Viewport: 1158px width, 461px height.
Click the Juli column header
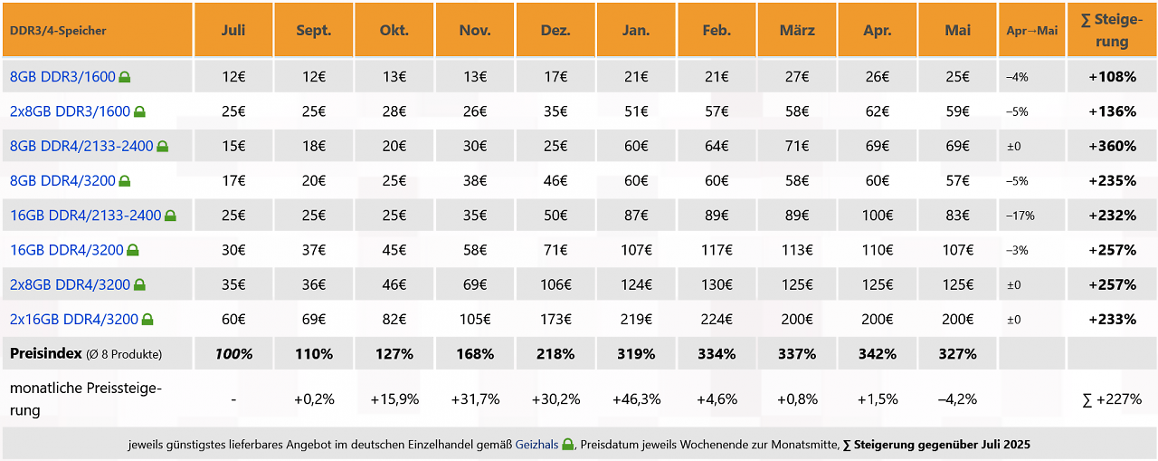pos(233,30)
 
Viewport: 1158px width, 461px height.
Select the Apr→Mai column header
pos(1032,31)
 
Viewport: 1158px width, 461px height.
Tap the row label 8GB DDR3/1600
pos(62,77)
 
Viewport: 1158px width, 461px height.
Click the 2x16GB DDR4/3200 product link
pos(74,319)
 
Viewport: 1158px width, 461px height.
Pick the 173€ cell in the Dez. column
pos(555,319)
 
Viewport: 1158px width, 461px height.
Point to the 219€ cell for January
pos(636,319)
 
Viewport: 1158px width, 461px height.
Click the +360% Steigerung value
pos(1112,146)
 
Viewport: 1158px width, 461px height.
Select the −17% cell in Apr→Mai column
pos(1020,216)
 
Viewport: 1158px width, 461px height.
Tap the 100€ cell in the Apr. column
pos(878,216)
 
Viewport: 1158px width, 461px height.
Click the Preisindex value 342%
pos(878,354)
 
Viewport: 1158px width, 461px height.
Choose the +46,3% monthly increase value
pos(636,399)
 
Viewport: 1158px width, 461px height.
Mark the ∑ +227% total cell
pos(1112,399)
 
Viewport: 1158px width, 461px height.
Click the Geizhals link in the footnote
pos(536,445)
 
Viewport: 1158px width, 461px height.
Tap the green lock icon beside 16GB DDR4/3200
pos(133,250)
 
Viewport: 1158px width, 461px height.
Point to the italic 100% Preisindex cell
pos(233,354)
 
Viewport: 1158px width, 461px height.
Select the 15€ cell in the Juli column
pos(233,146)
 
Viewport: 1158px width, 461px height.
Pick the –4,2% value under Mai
pos(957,399)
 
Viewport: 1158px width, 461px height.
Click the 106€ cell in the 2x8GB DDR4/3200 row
pos(555,284)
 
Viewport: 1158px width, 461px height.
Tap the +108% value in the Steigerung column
pos(1112,77)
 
